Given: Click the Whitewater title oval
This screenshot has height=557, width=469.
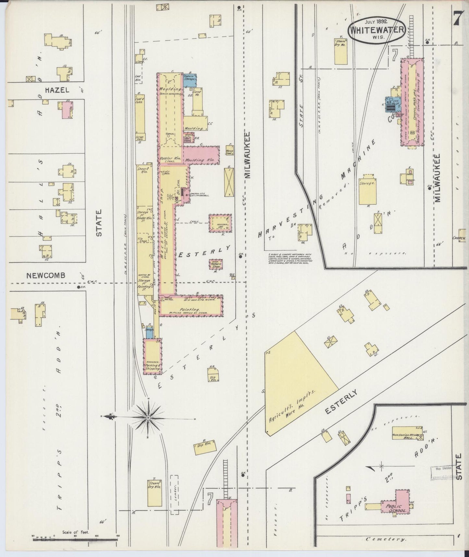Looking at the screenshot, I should coord(377,30).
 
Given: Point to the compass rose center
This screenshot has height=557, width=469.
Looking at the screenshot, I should coord(148,417).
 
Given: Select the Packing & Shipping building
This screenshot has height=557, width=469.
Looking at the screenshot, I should coord(153,356).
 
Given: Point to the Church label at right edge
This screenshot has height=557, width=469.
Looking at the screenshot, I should coord(459,238).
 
